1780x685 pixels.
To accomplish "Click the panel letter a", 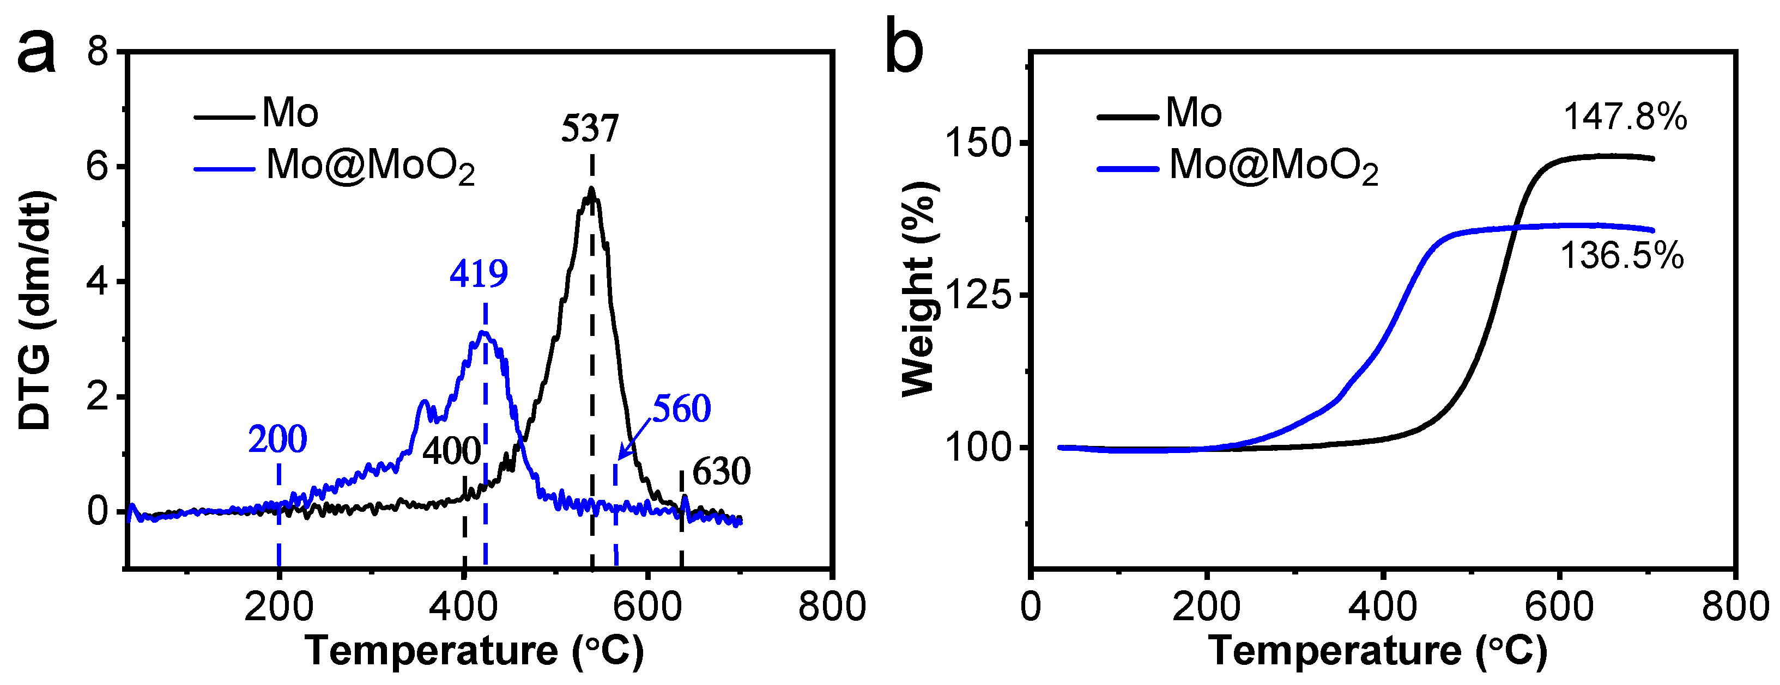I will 36,54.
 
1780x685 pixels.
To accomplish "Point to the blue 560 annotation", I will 681,409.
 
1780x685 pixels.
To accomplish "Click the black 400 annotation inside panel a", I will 451,452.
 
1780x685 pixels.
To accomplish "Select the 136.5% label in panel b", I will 1622,256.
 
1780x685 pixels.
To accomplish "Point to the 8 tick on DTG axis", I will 98,52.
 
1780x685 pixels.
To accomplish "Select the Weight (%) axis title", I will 919,290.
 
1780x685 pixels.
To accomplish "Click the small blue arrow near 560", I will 634,440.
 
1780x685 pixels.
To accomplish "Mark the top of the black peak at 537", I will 591,189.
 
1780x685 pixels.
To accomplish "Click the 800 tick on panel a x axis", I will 831,608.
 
